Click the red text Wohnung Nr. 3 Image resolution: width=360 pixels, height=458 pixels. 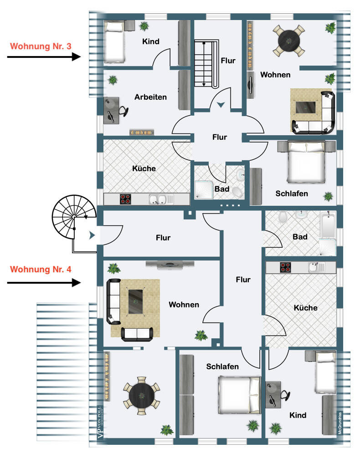click(41, 46)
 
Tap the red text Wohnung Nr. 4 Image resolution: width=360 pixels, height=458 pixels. click(41, 269)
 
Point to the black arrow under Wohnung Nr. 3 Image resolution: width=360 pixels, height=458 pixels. click(44, 57)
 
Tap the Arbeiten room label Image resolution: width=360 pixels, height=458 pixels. click(150, 97)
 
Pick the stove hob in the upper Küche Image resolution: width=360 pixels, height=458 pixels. click(126, 199)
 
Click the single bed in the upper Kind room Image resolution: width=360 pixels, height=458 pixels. click(114, 42)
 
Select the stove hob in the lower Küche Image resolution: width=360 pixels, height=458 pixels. click(285, 267)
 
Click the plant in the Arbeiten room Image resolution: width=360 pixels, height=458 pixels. click(113, 81)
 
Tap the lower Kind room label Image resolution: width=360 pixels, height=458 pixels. click(298, 415)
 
